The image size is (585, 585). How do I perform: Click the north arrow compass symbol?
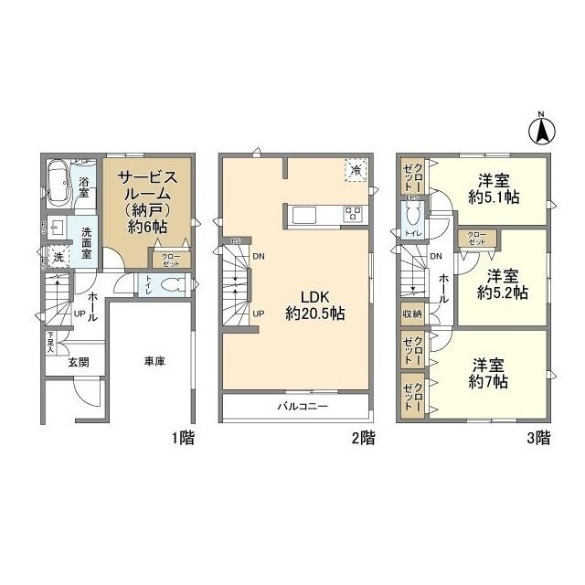540,130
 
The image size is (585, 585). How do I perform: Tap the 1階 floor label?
181,437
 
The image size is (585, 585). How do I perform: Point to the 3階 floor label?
537,437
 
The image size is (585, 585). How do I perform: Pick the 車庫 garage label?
154,361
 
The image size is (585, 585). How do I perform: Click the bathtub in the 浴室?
58,183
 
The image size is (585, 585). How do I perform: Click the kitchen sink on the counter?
304,215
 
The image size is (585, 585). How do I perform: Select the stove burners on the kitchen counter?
353,215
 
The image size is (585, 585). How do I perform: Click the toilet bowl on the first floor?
169,285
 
